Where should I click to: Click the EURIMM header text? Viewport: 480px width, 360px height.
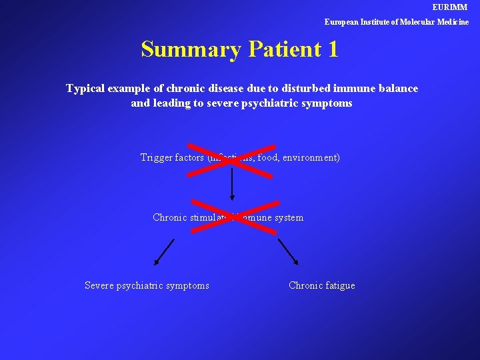[450, 7]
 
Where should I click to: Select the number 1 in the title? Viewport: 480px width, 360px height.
[333, 49]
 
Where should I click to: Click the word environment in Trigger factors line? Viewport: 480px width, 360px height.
[311, 158]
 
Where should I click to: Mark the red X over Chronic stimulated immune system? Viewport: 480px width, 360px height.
[235, 216]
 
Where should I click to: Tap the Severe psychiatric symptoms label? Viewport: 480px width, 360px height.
[147, 286]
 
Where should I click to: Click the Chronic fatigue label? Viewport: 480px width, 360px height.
[321, 286]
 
